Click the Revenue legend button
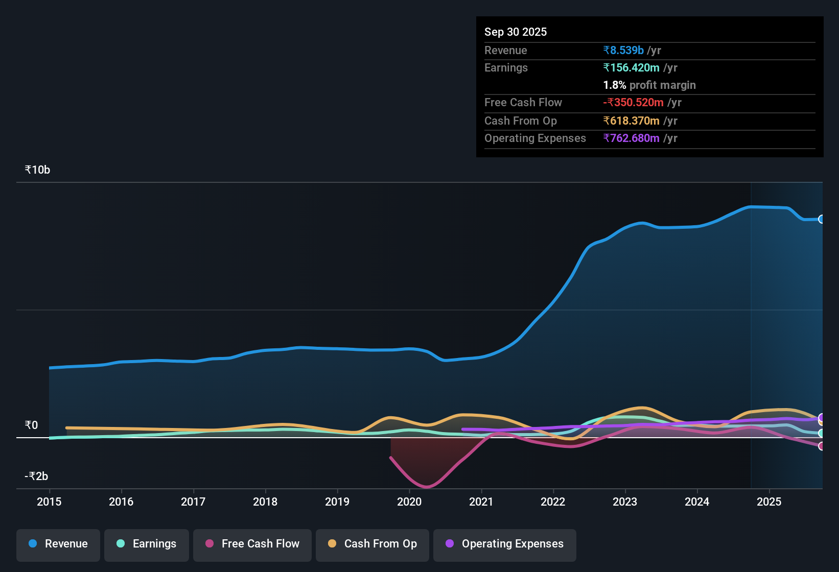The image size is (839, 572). tap(58, 544)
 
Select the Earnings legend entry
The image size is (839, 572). tap(147, 544)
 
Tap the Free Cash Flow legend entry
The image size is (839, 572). tap(252, 544)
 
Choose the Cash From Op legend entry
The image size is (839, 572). tap(372, 544)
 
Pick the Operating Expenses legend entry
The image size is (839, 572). tap(505, 544)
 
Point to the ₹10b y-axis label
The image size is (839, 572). tap(37, 170)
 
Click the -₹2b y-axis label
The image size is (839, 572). tap(36, 476)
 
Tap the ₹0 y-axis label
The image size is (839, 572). tap(31, 425)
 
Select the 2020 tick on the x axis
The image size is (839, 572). tap(409, 502)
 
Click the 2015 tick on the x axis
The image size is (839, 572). tap(49, 502)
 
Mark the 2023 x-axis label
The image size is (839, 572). tap(625, 502)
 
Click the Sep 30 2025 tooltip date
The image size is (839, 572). tap(515, 32)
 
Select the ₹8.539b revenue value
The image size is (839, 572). tap(623, 51)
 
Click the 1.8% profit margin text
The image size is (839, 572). tap(649, 85)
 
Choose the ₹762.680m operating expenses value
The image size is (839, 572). tap(631, 138)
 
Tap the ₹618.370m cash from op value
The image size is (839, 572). tap(631, 121)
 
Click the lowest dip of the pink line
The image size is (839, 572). tap(427, 487)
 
